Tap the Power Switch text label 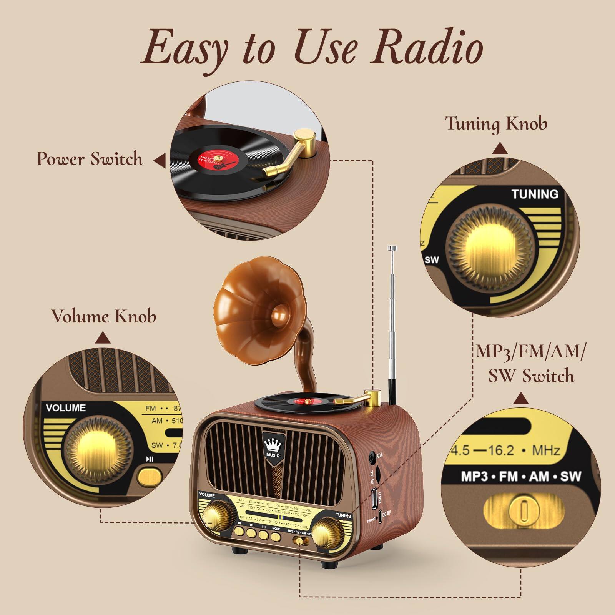(x=90, y=159)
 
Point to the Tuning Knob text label (x=496, y=123)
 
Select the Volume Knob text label (x=104, y=316)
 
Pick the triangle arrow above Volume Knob (x=103, y=338)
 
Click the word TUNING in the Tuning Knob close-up (x=535, y=194)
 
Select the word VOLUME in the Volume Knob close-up (x=66, y=407)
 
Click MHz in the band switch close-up (x=545, y=450)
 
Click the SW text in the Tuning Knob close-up (x=432, y=260)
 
